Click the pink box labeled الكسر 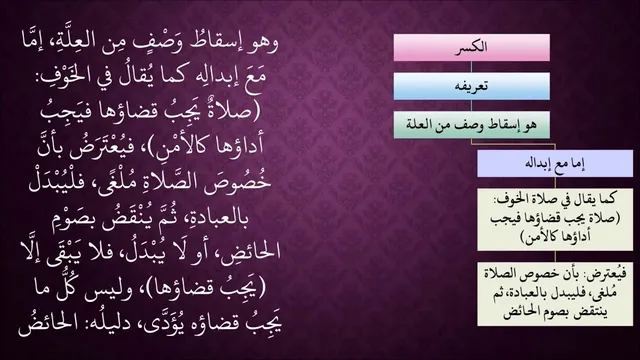click(471, 48)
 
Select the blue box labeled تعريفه click(471, 86)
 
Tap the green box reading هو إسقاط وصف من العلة click(471, 124)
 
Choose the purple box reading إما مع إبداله click(555, 163)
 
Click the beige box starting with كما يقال click(555, 219)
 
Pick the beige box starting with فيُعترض click(555, 294)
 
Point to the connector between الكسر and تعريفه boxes click(471, 67)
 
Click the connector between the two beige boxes click(555, 256)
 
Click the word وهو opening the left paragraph click(263, 43)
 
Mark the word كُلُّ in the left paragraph click(68, 288)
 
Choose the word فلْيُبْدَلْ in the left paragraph click(56, 182)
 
